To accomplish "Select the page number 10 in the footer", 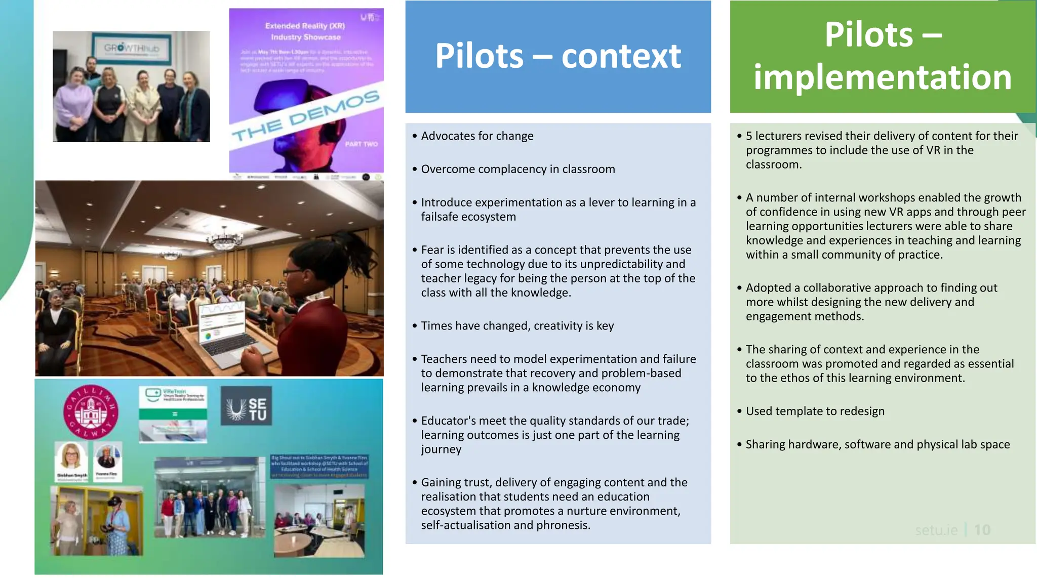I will [x=982, y=530].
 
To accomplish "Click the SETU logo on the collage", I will [x=247, y=406].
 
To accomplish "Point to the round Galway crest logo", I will [x=91, y=412].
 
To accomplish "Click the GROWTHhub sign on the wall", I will [x=131, y=48].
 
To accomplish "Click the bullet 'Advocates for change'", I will [x=477, y=136].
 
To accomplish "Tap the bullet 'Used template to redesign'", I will [x=815, y=411].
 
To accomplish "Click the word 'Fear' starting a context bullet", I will [x=432, y=249].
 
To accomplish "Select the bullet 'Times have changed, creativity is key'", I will [x=517, y=325].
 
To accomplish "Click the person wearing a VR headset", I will [x=114, y=526].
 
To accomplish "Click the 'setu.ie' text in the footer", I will [x=936, y=530].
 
